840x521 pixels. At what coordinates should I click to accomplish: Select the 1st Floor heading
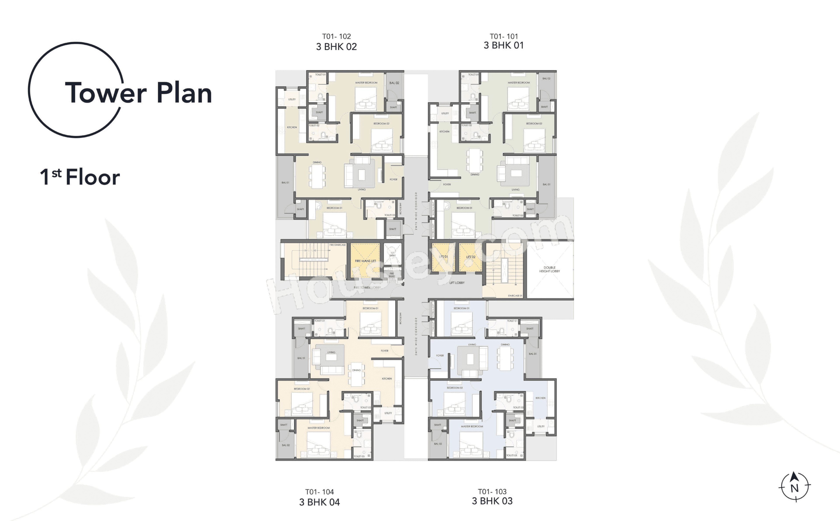[80, 177]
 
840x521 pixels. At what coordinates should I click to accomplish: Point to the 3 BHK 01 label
[504, 45]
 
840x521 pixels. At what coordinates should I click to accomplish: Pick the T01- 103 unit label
[492, 491]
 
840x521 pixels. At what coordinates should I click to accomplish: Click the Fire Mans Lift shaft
[365, 261]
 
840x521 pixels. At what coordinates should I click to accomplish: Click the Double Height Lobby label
[549, 269]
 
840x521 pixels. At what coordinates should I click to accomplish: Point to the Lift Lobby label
[457, 282]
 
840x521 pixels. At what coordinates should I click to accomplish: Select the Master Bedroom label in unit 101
[518, 83]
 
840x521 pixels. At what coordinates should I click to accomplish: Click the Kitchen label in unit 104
[387, 379]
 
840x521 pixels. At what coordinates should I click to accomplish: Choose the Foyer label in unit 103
[440, 355]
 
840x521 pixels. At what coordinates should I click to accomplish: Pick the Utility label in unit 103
[541, 426]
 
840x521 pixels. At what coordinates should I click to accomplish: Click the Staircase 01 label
[515, 296]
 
